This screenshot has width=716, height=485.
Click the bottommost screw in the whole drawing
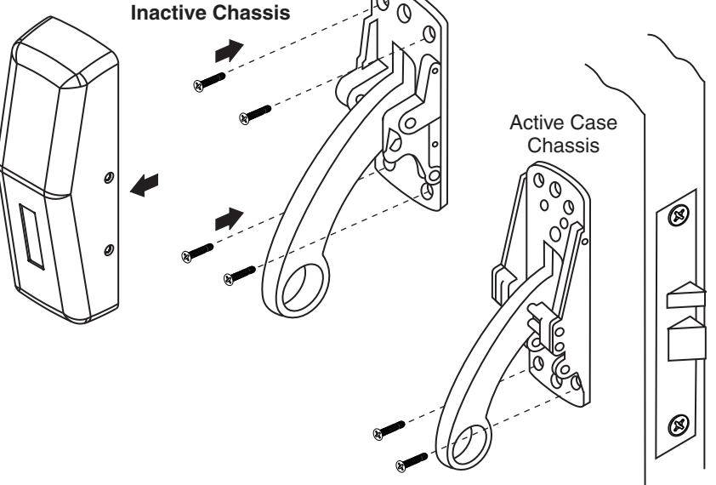412,465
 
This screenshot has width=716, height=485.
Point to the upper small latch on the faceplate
685,298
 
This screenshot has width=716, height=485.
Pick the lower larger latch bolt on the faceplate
686,339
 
